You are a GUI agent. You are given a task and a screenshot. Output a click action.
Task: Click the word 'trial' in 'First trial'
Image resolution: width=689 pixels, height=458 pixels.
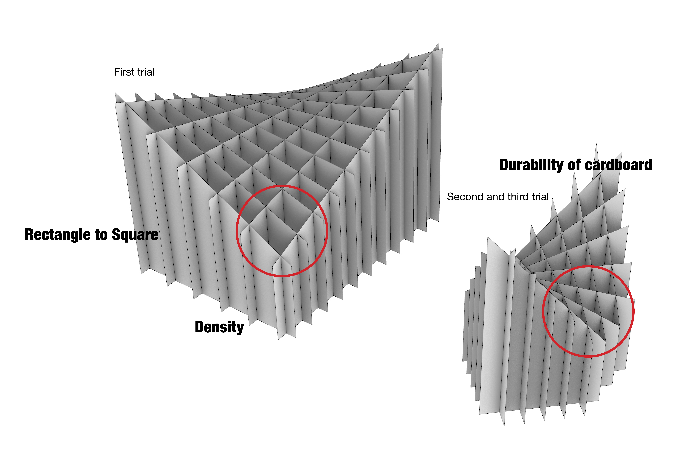[145, 72]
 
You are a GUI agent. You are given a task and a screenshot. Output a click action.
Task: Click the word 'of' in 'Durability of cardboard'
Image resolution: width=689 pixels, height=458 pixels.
[574, 165]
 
